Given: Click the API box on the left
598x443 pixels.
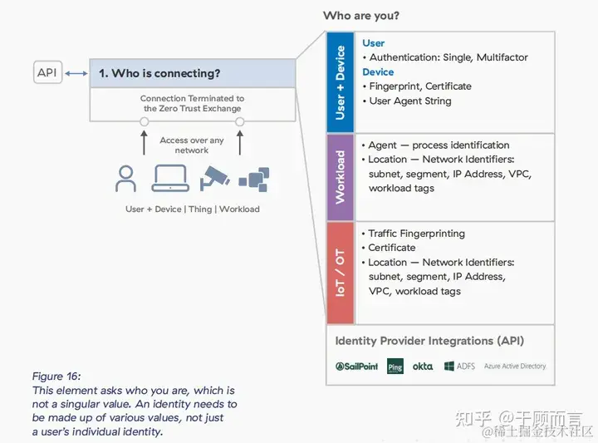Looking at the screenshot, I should (x=47, y=73).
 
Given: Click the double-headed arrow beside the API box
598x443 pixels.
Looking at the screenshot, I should (x=76, y=73).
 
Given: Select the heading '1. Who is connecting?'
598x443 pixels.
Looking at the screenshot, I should (x=159, y=73).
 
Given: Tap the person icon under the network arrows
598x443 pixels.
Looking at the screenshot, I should (x=126, y=179).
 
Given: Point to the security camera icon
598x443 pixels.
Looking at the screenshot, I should (x=214, y=179).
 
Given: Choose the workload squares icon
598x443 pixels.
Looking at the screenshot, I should (x=253, y=179).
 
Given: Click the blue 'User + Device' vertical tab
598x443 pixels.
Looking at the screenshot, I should (x=340, y=81).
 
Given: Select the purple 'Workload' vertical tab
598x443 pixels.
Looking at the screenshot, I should (x=340, y=176).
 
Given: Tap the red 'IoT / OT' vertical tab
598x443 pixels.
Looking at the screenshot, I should (x=340, y=273).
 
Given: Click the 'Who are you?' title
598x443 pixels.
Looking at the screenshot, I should (x=360, y=16).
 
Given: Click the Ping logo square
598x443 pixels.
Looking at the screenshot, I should (x=395, y=367).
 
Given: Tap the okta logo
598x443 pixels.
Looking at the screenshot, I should (x=423, y=367).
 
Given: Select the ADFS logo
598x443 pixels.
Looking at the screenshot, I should (x=459, y=367).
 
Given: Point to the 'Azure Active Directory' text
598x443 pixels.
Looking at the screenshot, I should (x=514, y=367).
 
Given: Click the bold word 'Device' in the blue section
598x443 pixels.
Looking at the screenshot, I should (x=378, y=72).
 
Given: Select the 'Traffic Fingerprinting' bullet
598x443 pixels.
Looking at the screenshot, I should (x=416, y=234).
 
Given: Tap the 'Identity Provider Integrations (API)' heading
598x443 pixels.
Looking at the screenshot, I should (x=429, y=341).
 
